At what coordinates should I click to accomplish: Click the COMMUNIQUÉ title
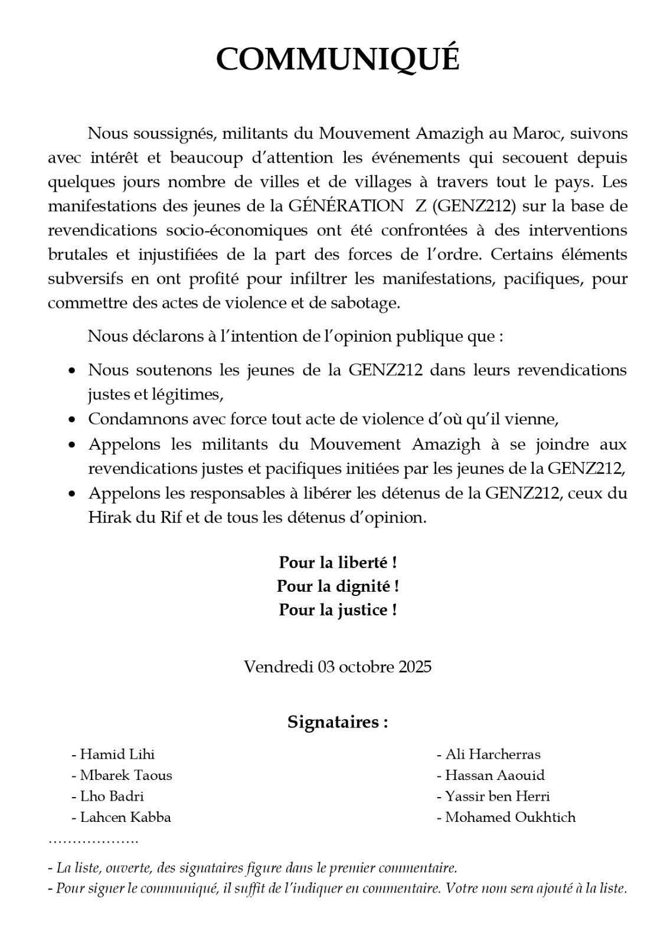coord(337,58)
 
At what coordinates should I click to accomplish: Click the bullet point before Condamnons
coord(72,419)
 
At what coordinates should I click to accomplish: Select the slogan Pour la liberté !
coord(337,562)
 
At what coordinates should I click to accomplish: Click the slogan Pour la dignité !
coord(337,586)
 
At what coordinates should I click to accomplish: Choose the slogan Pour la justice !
coord(337,609)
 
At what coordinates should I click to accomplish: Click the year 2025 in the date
coord(414,667)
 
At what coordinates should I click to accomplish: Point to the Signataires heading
coord(337,722)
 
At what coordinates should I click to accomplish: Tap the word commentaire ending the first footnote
coord(416,868)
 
